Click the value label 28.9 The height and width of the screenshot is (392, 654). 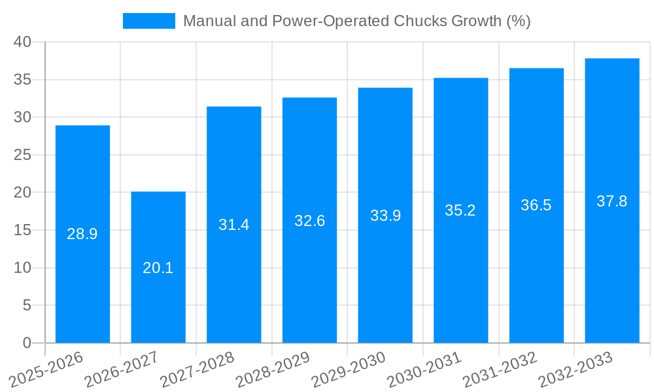(x=82, y=234)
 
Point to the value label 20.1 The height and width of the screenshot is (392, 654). (x=158, y=268)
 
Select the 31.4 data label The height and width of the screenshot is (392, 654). (x=234, y=225)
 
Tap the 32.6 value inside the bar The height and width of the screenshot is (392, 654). (x=309, y=221)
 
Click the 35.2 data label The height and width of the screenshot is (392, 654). (x=460, y=210)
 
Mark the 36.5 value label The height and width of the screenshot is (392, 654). (x=536, y=205)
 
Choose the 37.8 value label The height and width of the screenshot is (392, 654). (x=612, y=201)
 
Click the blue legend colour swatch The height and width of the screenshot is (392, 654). (x=149, y=21)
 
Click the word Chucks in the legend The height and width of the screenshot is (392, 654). (x=422, y=21)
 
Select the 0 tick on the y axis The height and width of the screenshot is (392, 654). (x=27, y=343)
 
